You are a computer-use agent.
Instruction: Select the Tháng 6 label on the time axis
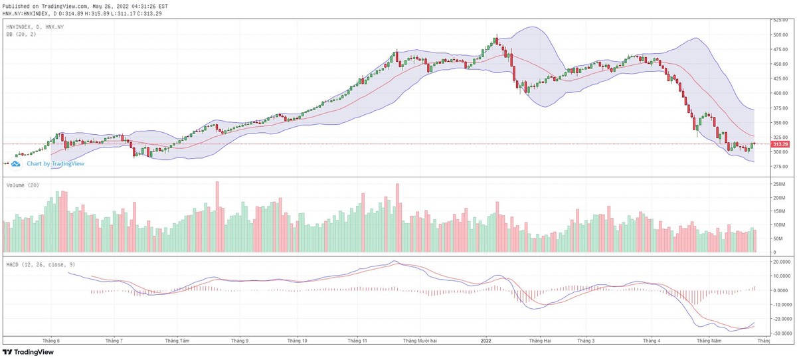click(51, 341)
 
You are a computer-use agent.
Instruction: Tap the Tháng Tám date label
click(177, 341)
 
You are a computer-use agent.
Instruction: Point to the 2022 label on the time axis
click(486, 341)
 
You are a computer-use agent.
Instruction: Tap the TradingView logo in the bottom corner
click(29, 353)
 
